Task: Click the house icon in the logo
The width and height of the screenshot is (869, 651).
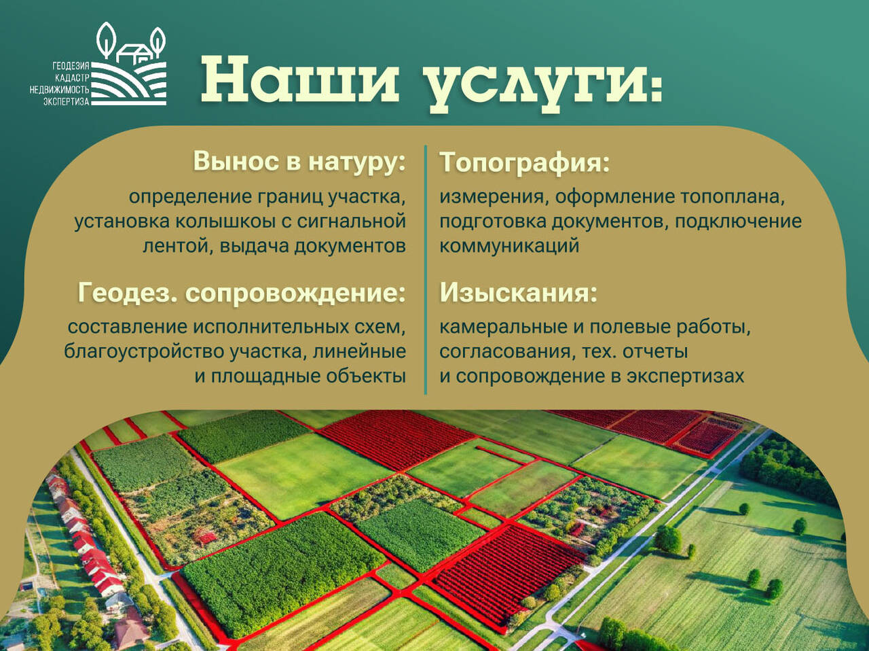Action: [133, 53]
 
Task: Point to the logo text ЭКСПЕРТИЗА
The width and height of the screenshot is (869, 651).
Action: [67, 101]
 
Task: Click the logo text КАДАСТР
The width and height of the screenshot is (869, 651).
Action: [73, 78]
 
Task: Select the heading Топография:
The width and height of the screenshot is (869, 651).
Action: [525, 162]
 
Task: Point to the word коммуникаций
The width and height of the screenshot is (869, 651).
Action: [509, 245]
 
